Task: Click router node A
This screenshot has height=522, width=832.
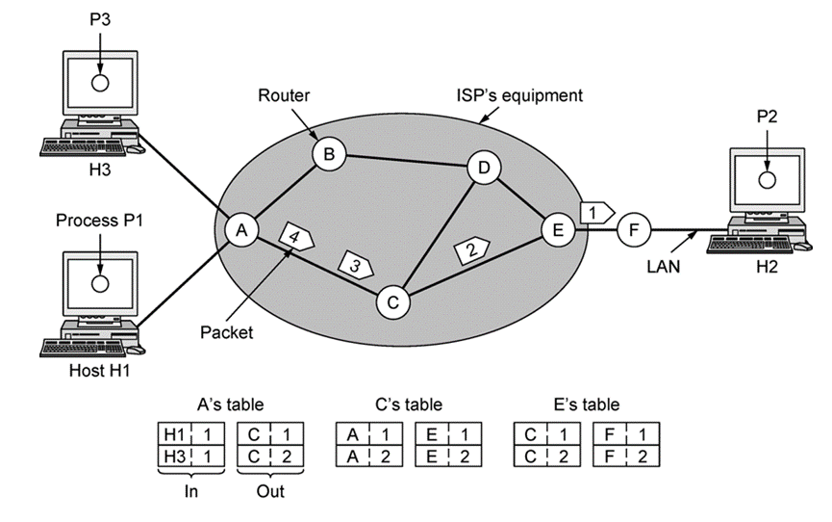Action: (x=241, y=230)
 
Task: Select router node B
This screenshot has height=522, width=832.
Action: (x=329, y=154)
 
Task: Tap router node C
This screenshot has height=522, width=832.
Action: (x=393, y=302)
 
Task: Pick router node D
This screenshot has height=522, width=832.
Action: (x=484, y=168)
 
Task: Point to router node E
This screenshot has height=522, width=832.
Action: (x=558, y=230)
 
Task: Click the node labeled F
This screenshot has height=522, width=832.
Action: (x=634, y=230)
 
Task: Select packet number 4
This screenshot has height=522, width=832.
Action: (x=296, y=237)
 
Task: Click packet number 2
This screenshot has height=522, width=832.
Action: (x=471, y=248)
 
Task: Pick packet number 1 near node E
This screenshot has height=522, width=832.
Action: (x=597, y=213)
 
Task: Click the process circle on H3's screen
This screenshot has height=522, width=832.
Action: (x=100, y=83)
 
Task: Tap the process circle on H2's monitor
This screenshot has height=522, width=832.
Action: (x=768, y=180)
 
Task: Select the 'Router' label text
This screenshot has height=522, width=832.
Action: (x=284, y=95)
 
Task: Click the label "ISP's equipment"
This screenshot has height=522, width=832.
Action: (x=519, y=95)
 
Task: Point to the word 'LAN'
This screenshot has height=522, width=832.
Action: (x=664, y=266)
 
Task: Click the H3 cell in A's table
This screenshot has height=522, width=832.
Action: (x=174, y=457)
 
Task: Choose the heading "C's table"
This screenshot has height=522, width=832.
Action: (x=409, y=405)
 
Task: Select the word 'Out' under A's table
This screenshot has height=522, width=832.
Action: (x=270, y=492)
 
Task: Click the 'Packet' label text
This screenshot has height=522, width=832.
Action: (x=227, y=333)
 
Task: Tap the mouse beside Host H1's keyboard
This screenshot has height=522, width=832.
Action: (x=136, y=351)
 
